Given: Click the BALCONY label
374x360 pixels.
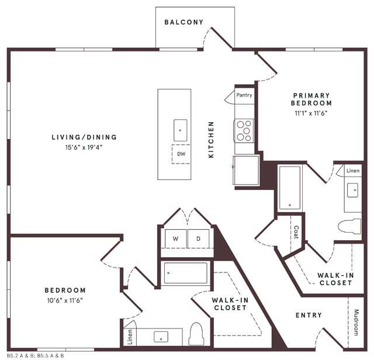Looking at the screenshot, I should (184, 22).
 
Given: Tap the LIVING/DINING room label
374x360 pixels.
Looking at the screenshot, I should (84, 137).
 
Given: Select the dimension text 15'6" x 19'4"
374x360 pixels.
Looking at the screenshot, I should (84, 147).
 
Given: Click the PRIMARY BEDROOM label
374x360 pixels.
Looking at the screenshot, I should (311, 99).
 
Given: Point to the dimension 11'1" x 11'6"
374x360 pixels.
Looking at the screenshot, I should (311, 113).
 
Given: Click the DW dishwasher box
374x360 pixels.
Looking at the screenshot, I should (181, 154).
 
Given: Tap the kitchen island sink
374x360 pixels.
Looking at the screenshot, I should (181, 130).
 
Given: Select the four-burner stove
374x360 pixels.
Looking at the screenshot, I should (244, 131).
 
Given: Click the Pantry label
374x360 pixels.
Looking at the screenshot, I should (244, 95).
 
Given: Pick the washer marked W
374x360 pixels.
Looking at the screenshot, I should (175, 238).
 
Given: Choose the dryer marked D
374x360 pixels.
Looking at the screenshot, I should (198, 238).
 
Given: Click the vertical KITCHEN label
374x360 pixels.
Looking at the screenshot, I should (212, 140).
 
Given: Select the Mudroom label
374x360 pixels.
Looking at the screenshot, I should (356, 322).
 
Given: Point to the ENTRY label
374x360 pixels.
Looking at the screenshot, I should (309, 316).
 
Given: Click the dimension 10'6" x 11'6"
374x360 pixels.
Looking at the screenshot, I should (65, 300).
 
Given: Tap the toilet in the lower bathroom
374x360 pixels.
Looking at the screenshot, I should (196, 334).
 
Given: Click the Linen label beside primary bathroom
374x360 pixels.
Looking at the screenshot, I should (353, 171).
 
